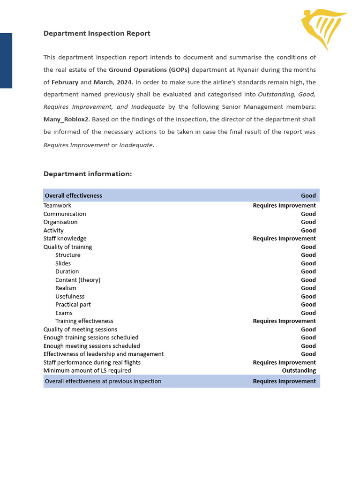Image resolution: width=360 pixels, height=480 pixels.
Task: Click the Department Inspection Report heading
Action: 97,33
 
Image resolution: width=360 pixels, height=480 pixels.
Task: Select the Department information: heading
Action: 88,174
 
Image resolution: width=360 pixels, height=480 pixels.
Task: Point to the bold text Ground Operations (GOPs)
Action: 149,70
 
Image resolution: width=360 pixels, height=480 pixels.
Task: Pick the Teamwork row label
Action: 57,205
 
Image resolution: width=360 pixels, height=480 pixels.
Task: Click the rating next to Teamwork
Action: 284,205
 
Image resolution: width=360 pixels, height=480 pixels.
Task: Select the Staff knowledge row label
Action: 65,239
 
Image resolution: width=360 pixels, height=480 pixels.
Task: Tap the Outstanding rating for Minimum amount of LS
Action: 299,370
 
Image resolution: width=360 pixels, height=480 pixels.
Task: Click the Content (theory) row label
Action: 78,280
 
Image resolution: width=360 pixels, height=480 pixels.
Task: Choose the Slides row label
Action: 63,263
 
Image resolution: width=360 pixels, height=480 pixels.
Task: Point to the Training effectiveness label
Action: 84,321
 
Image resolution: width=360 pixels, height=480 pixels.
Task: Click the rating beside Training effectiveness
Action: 284,321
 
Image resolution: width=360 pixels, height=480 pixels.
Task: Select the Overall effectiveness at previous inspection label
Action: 103,381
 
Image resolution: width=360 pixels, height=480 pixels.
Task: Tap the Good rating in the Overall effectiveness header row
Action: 308,195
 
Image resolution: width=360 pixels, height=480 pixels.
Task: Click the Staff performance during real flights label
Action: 92,362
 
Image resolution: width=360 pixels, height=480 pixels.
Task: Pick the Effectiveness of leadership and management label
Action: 104,354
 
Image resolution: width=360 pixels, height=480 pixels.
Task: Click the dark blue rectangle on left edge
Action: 6,60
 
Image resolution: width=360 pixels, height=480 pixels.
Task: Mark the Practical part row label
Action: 73,305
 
